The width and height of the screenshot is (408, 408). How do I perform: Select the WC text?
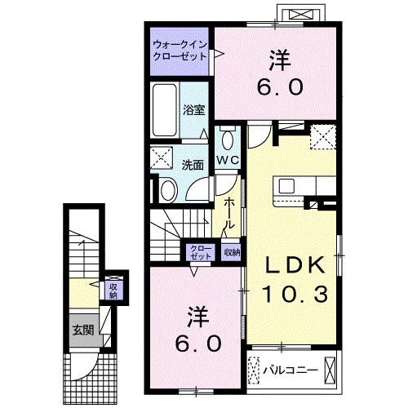point(227,160)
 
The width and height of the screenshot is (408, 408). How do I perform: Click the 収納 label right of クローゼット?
point(233,252)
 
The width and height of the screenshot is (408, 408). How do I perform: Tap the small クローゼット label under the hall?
point(199,252)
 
